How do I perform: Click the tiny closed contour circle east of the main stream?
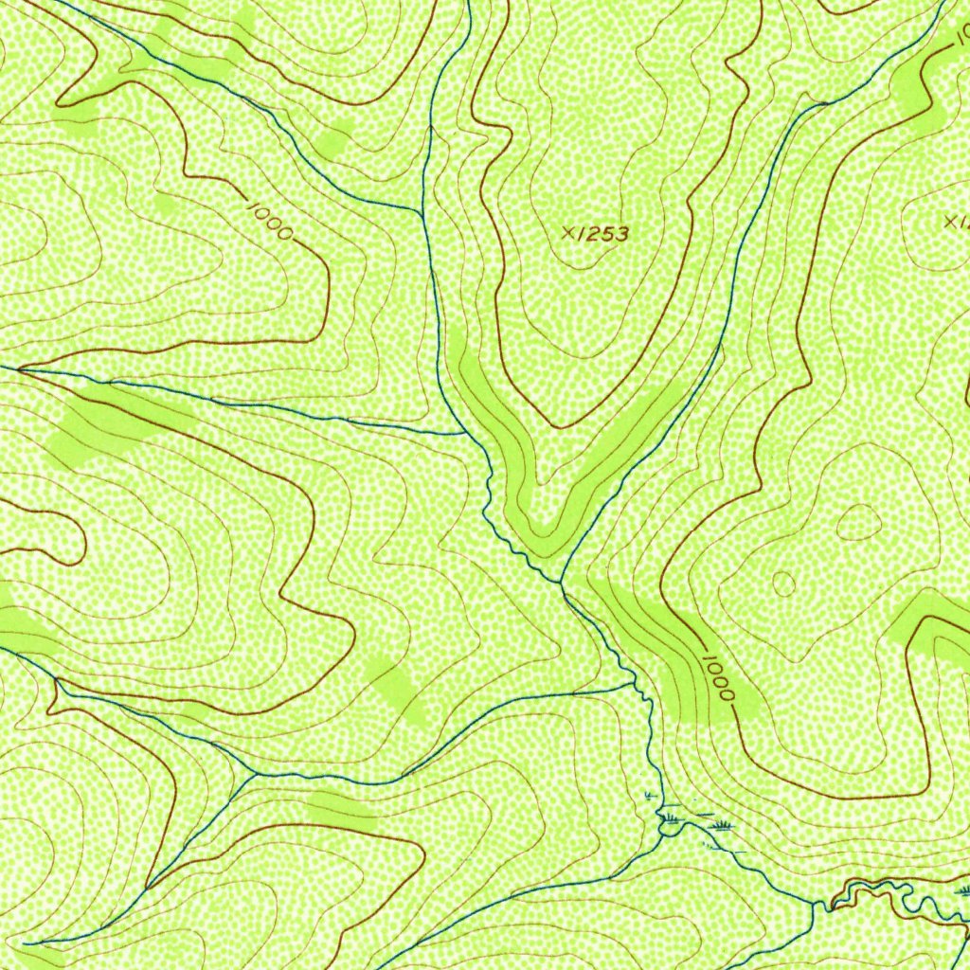click(x=783, y=584)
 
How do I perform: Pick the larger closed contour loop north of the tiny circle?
click(x=858, y=521)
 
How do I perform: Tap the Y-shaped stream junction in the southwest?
click(x=255, y=775)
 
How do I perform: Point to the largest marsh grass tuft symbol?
click(x=722, y=826)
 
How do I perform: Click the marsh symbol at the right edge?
click(x=962, y=890)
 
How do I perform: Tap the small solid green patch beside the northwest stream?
click(x=332, y=142)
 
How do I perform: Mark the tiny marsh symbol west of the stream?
click(x=648, y=795)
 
